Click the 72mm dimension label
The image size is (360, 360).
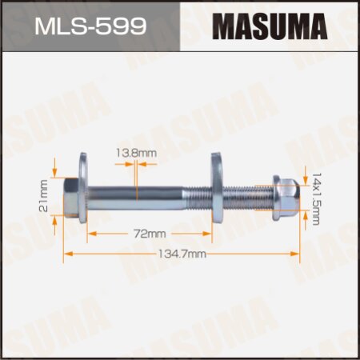(150, 234)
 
